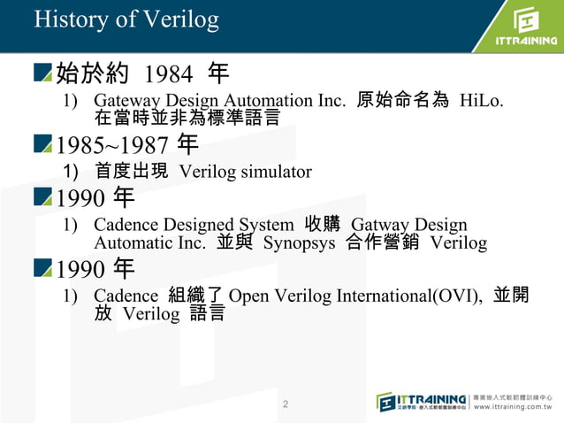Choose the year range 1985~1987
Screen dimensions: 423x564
tap(113, 145)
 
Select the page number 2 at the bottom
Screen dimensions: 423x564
tap(285, 404)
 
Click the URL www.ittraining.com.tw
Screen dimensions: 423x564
tap(517, 408)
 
